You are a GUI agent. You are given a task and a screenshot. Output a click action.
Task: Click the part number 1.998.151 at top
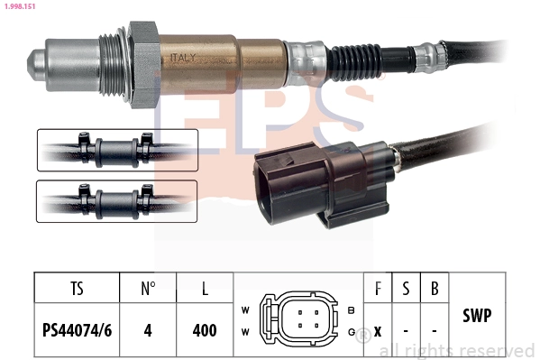click(x=20, y=6)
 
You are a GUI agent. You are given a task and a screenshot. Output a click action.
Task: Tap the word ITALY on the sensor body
click(x=183, y=58)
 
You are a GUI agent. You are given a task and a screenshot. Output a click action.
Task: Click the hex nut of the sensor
click(x=144, y=65)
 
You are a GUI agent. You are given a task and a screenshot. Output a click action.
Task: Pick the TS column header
click(x=78, y=289)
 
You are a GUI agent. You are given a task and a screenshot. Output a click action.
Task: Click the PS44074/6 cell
click(x=77, y=330)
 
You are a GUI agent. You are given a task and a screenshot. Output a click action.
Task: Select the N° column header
click(x=148, y=289)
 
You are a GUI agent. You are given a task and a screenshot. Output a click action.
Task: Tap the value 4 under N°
click(x=148, y=330)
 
